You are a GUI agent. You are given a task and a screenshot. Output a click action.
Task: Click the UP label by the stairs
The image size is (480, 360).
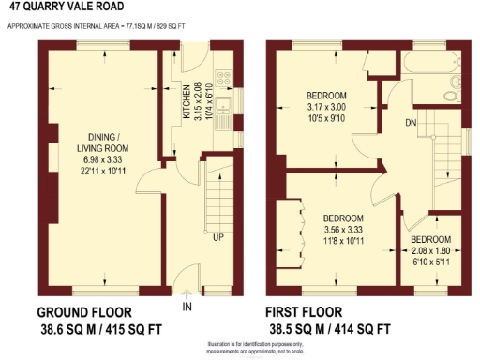pos(217,236)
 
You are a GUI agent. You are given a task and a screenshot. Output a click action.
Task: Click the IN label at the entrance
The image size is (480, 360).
pos(187,307)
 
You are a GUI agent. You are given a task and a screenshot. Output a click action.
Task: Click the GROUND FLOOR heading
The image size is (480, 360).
pos(83,312)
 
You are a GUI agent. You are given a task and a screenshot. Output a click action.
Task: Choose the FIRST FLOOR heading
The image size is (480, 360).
pos(304,312)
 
